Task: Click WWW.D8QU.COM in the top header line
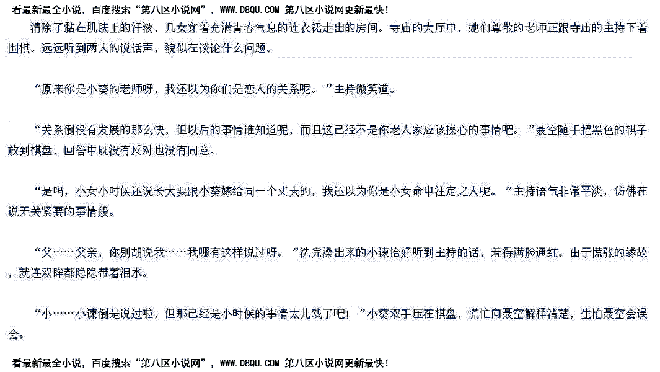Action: coord(250,9)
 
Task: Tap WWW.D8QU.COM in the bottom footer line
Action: coord(250,363)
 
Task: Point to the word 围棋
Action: coord(19,48)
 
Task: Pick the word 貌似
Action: coord(175,48)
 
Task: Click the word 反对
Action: coord(142,151)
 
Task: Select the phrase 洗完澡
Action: coord(316,253)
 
